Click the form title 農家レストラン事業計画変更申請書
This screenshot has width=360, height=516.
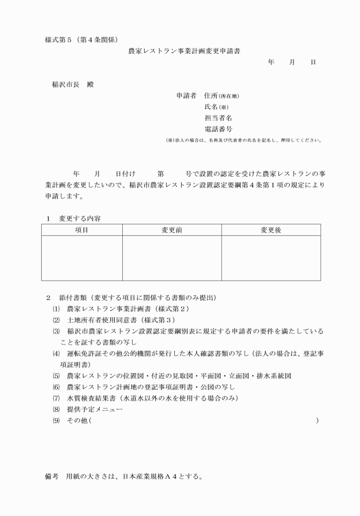point(184,50)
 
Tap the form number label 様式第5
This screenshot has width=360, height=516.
point(60,39)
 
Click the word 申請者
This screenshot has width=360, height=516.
point(186,96)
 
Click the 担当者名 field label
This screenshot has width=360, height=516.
point(218,118)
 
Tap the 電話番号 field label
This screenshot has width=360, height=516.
point(218,129)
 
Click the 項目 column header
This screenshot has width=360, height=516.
point(82,230)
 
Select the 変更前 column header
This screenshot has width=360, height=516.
point(172,230)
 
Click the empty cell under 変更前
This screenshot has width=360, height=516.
point(172,258)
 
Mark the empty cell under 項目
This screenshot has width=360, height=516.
point(82,258)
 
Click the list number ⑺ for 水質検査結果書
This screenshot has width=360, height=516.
point(56,398)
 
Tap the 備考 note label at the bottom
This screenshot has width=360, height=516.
point(51,475)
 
